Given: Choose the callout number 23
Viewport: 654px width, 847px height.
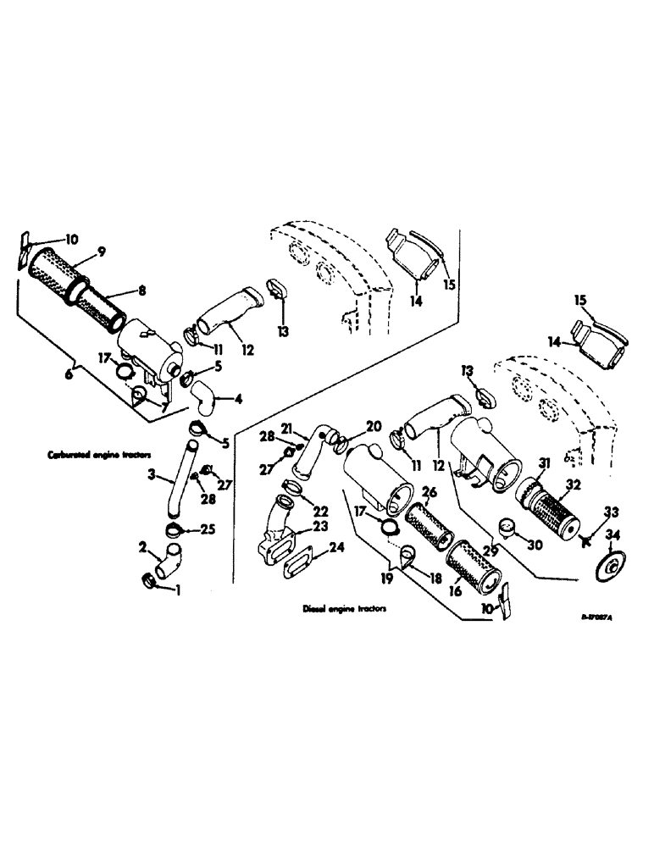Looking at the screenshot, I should [320, 526].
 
